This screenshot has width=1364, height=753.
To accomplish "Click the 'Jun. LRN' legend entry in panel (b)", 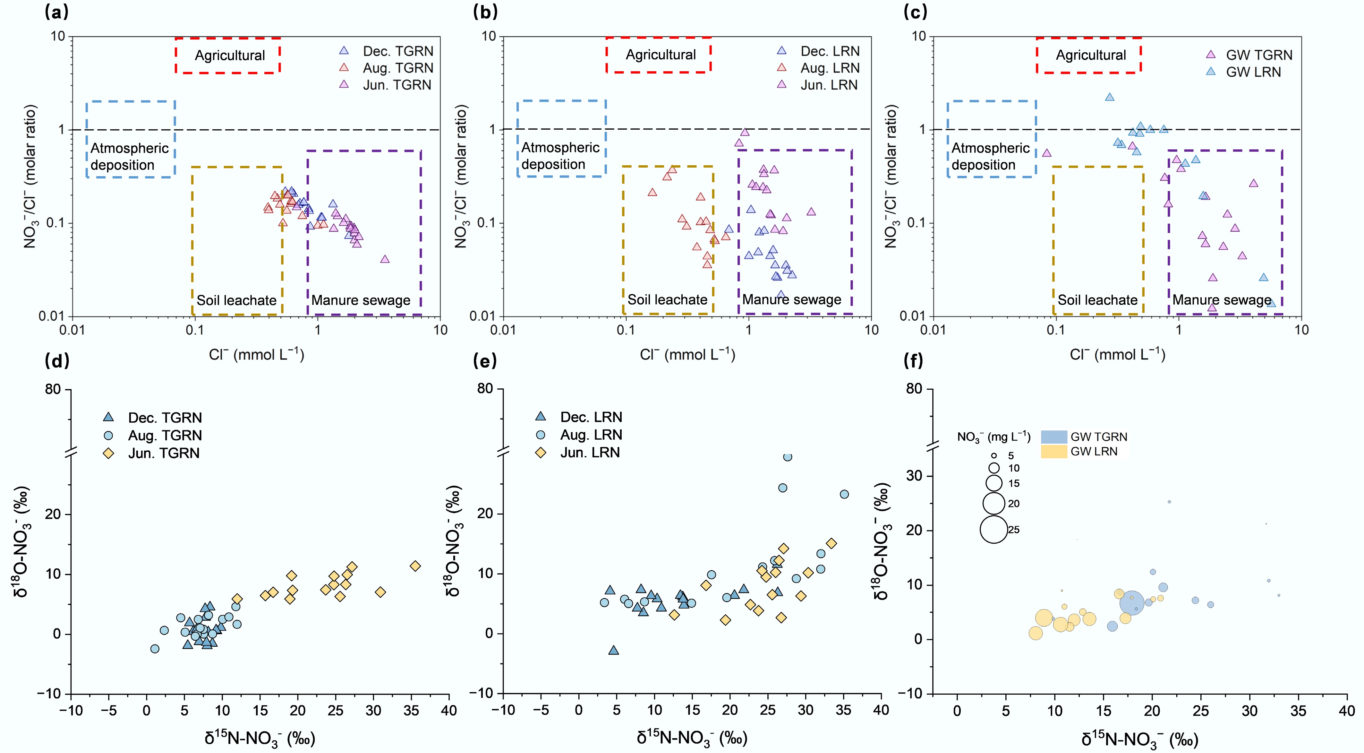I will point(829,85).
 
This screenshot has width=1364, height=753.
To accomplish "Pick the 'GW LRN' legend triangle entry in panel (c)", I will point(1253,72).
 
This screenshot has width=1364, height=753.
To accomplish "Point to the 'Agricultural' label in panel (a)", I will point(229,56).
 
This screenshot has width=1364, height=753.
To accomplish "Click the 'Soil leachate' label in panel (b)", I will point(667,300).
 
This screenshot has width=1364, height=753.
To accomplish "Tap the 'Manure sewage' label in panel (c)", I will point(1221,300).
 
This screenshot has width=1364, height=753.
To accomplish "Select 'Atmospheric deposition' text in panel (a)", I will point(129,156).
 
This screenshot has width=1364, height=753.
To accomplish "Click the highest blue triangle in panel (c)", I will point(1109,97).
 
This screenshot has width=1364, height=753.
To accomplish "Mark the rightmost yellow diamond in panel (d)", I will point(415,566).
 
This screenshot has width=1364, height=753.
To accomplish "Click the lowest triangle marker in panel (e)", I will point(613,650).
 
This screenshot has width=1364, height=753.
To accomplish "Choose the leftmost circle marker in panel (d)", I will point(155,649).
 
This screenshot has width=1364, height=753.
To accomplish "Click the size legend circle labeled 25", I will point(993,529).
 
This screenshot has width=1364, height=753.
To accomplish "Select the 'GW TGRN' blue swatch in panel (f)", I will point(1054,437).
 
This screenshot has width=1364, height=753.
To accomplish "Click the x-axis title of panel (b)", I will point(687,354).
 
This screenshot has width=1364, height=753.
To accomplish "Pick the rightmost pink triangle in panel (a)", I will point(385,259).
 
